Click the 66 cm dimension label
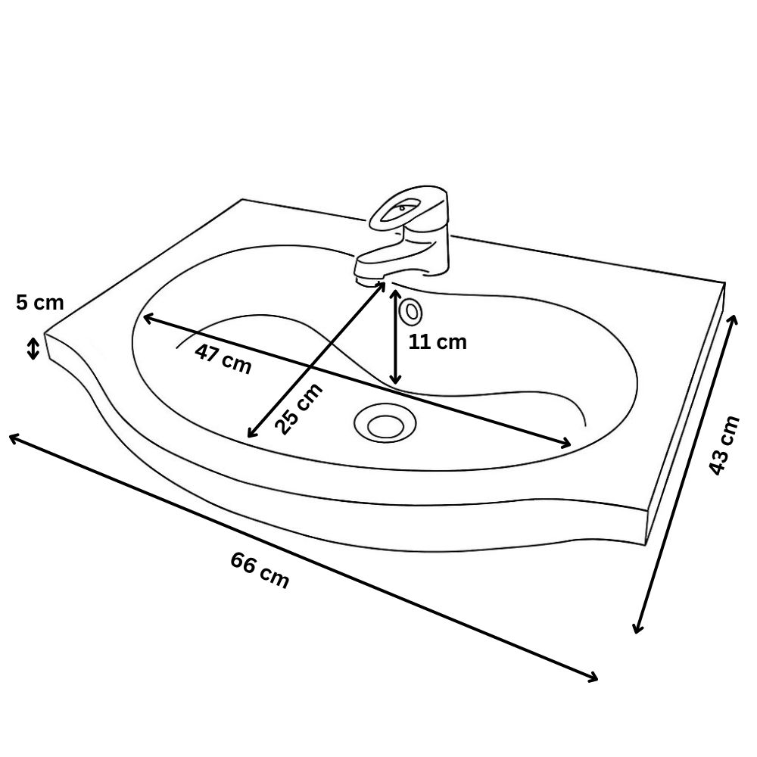[260, 570]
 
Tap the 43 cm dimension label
[724, 444]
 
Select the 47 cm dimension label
[223, 359]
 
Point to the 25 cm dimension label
[298, 409]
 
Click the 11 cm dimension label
[438, 342]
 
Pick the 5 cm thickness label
[39, 303]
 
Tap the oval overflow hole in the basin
[411, 311]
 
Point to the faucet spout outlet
[369, 280]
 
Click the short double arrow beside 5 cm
[33, 348]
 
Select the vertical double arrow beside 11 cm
[395, 337]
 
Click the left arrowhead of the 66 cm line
[13, 437]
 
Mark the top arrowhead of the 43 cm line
[734, 319]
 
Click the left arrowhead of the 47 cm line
[148, 317]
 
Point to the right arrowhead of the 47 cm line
[565, 444]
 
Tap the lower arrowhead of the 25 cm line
[251, 433]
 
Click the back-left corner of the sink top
[243, 199]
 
